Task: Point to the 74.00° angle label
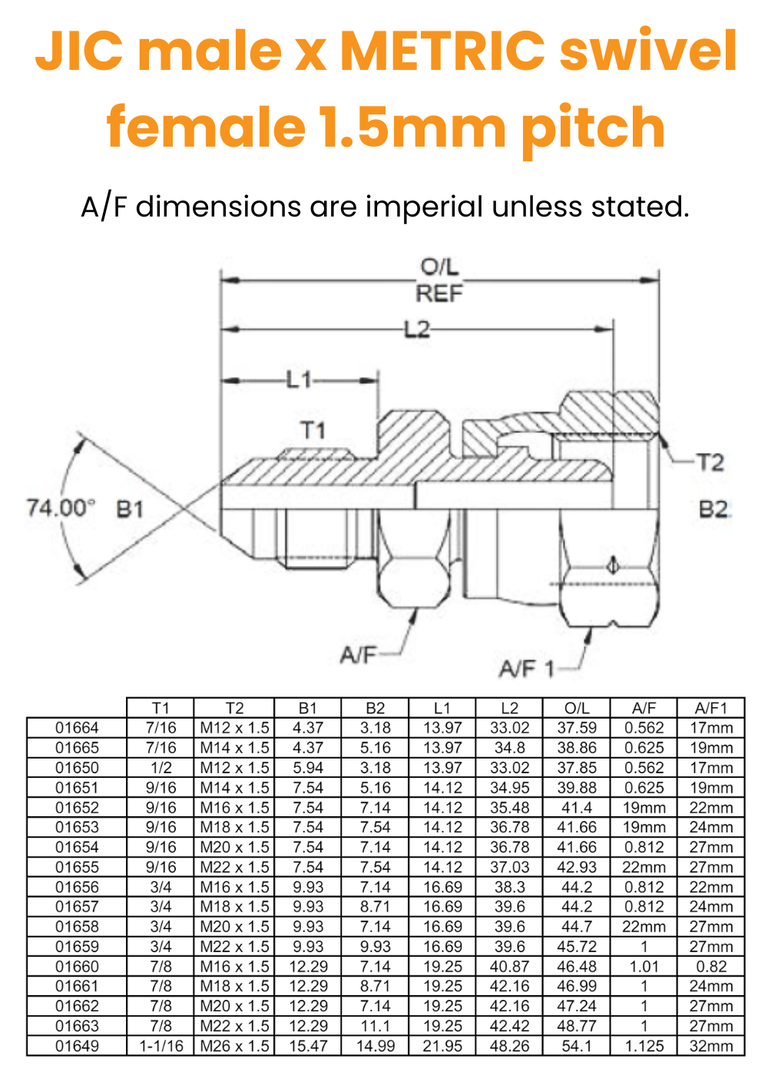pos(61,508)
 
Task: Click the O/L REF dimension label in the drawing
pos(439,280)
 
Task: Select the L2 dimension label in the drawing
pos(417,329)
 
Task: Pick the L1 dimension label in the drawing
pos(300,379)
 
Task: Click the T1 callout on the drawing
pos(313,430)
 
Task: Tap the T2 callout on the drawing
pos(710,462)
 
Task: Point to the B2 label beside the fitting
pos(713,509)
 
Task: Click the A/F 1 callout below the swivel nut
pos(527,669)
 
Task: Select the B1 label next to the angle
pos(130,508)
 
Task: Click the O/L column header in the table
pos(577,708)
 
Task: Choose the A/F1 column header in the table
pos(710,708)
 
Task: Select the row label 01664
pos(77,728)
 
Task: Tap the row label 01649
pos(77,1046)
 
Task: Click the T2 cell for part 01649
pos(234,1046)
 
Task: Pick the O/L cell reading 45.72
pos(577,947)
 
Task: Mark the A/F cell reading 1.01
pos(644,967)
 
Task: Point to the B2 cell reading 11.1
pos(375,1026)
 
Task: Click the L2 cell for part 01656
pos(509,887)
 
